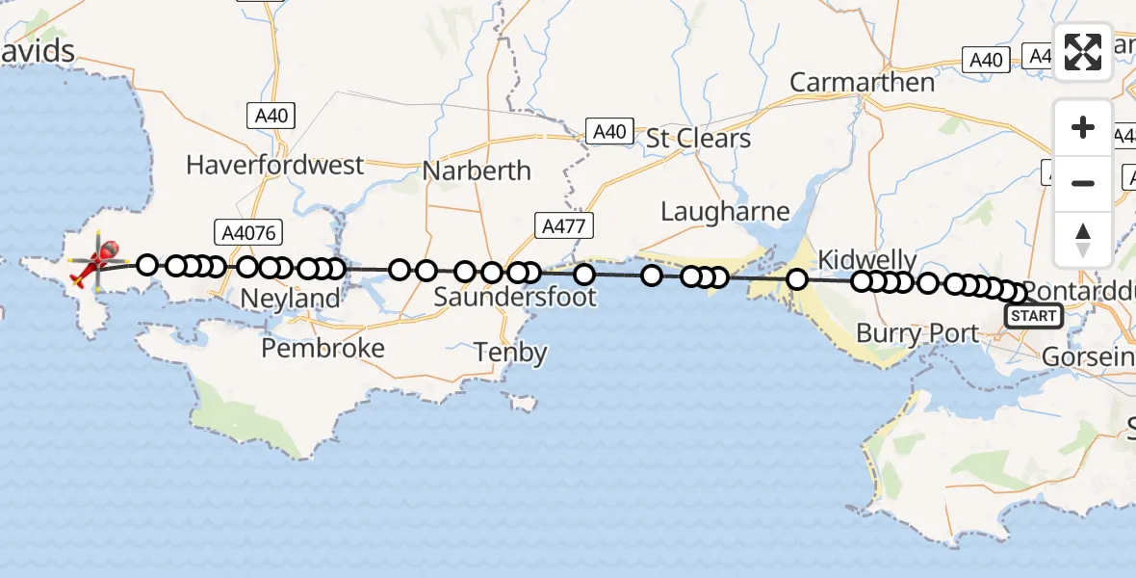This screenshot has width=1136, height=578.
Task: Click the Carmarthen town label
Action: pos(862,83)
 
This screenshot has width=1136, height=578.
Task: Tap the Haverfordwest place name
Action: pos(275,165)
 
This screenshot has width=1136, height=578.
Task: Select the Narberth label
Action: pos(477,171)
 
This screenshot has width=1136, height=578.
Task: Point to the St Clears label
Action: pos(698,138)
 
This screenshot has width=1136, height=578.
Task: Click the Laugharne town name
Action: pos(725,211)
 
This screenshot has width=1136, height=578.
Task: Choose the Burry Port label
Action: pos(917,334)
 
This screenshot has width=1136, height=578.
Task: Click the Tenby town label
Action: pos(510,353)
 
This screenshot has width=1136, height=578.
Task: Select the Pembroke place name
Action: pos(323,348)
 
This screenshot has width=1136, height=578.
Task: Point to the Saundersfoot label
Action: pos(515,297)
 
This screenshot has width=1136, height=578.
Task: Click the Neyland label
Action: pos(290,299)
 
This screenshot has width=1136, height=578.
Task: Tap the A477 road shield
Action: pos(564,226)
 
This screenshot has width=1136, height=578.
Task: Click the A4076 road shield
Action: pos(243,230)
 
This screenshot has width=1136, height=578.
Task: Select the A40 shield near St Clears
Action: pos(610,131)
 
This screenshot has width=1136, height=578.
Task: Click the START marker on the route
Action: pos(1033,315)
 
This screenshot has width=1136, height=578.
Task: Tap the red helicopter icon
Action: pos(98,263)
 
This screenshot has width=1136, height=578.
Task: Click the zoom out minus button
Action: pos(1083,183)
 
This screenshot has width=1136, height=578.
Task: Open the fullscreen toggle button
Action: pos(1083,51)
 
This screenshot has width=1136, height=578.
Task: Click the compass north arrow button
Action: pos(1083,239)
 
